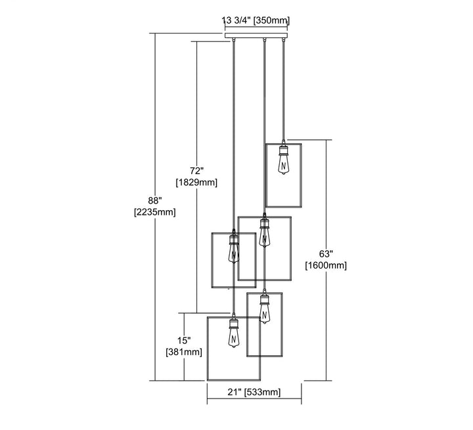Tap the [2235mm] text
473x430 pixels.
154,211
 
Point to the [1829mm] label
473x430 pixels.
196,182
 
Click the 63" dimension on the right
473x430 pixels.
327,253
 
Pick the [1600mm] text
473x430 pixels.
327,265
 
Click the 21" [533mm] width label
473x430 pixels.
254,393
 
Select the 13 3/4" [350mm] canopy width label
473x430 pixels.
256,21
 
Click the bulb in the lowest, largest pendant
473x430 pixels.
233,338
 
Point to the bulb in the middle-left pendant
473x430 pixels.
232,251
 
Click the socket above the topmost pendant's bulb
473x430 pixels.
283,149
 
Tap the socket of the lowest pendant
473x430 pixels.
233,322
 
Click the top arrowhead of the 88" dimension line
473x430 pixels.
155,36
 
